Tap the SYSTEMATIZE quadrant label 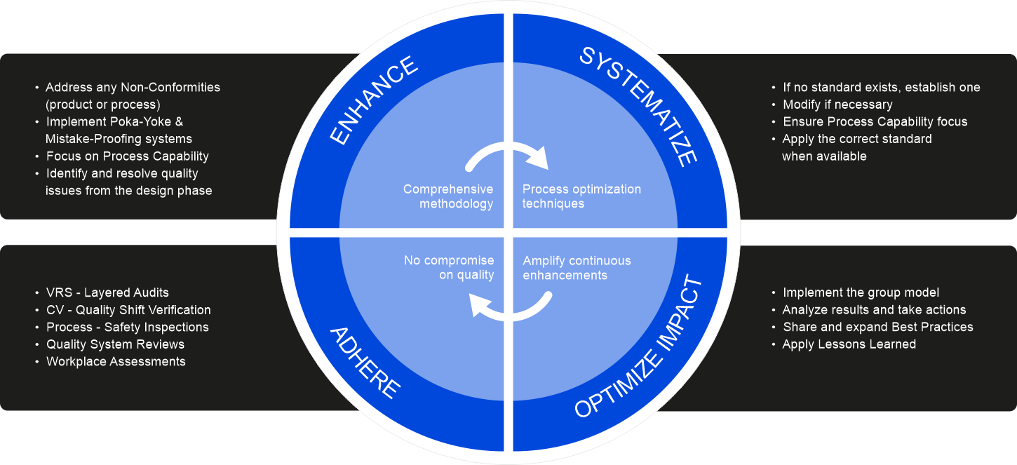(x=638, y=105)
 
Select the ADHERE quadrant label (x=365, y=363)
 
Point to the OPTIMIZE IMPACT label (x=638, y=349)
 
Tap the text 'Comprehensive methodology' (x=449, y=196)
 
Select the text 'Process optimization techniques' (x=581, y=196)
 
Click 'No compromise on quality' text (x=449, y=268)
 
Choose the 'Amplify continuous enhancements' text (x=577, y=268)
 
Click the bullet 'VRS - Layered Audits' (x=107, y=292)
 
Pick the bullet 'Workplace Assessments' (x=116, y=361)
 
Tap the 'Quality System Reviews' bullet (x=115, y=344)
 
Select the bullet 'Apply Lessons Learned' (x=849, y=344)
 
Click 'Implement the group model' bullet (x=861, y=292)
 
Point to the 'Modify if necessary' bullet (x=837, y=105)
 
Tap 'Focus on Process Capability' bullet (x=127, y=156)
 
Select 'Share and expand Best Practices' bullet (x=877, y=327)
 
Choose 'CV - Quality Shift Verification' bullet (x=128, y=310)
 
